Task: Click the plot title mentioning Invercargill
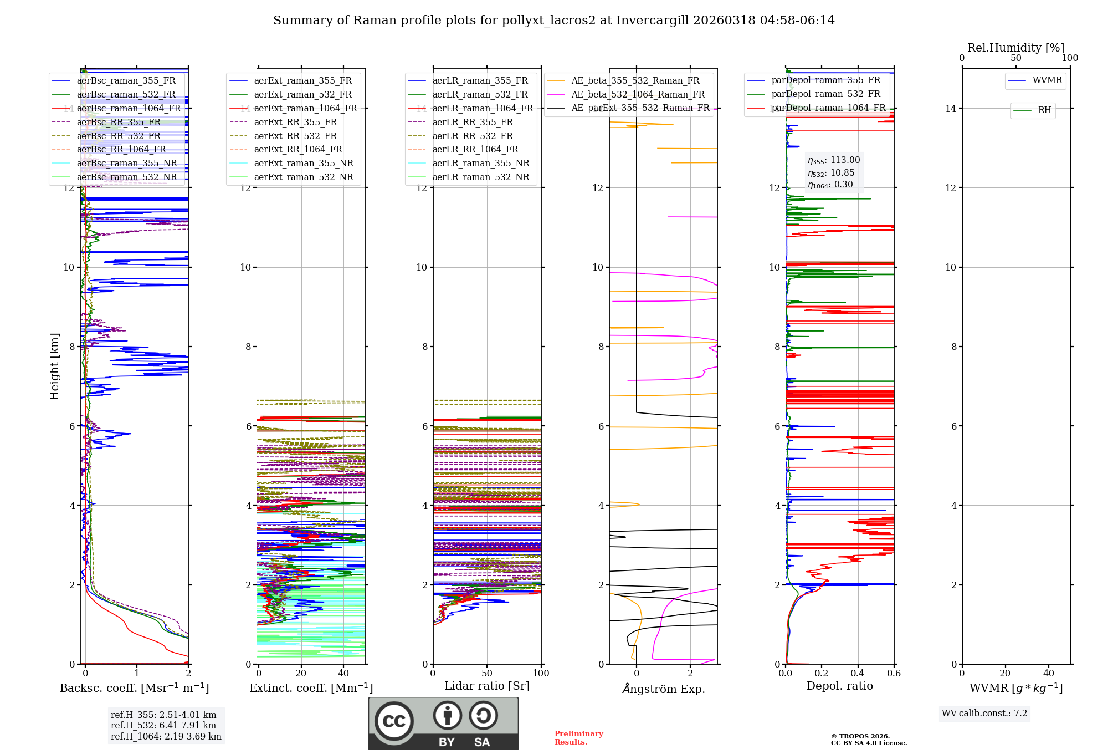[553, 21]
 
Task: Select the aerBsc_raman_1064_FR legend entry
[129, 108]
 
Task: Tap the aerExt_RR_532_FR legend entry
[295, 136]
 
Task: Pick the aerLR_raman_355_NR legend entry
[480, 163]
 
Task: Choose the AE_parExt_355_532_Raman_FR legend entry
[640, 108]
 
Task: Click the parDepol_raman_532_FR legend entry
[825, 94]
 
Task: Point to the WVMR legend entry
[1047, 80]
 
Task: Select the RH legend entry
[1044, 110]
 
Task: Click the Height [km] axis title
[54, 366]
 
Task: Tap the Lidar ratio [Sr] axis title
[486, 686]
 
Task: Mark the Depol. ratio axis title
[839, 686]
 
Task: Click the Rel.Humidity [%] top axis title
[1015, 48]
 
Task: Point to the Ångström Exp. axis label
[663, 689]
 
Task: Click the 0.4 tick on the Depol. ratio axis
[858, 673]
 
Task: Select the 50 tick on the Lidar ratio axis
[487, 673]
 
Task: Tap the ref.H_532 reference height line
[163, 725]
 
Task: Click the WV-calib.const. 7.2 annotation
[984, 713]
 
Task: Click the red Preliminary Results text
[578, 737]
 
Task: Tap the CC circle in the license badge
[394, 721]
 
